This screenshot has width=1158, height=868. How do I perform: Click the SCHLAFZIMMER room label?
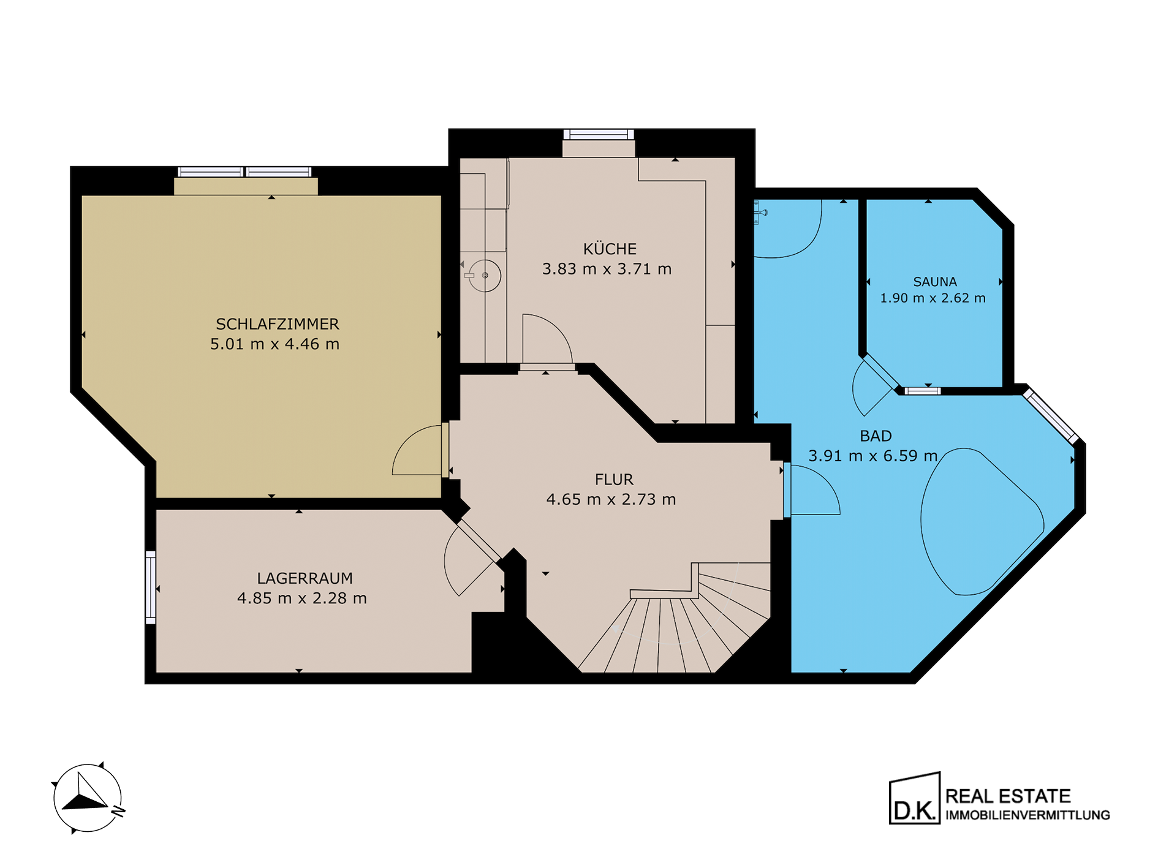coord(277,324)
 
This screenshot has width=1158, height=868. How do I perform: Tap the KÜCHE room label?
coord(610,249)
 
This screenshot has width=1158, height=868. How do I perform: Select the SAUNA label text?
coord(935,282)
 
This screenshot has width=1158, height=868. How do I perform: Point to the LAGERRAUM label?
coord(305,578)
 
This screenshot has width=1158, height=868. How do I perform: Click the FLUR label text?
coord(614,480)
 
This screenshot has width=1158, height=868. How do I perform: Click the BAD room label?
coord(876,436)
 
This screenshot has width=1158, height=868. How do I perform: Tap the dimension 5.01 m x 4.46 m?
coord(274,344)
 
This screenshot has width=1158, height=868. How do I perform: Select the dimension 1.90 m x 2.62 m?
coord(933,298)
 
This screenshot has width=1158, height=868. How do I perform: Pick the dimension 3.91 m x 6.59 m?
coord(872,456)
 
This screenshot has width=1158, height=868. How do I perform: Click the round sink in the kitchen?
coord(485,276)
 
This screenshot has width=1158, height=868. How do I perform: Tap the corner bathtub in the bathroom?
coord(981,521)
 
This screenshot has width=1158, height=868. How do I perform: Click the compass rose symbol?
coord(88,798)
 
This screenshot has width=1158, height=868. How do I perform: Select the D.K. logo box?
coord(915,798)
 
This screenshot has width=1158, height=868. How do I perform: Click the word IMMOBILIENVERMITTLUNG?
coord(1027,815)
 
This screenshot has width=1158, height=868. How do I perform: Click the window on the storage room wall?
coord(150,587)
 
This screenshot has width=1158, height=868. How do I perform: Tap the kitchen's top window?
coord(599,135)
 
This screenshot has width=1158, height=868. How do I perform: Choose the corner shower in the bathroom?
coord(787,229)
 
